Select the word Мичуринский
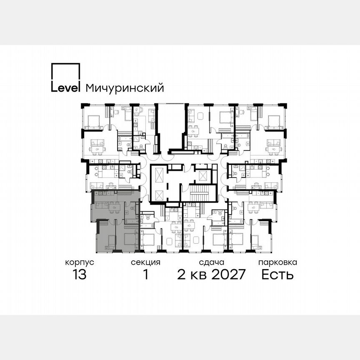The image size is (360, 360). [x=124, y=88]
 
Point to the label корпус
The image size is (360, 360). [x=79, y=262]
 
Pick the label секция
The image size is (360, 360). [x=145, y=262]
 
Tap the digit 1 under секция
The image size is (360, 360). [x=146, y=275]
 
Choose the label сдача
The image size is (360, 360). [x=212, y=262]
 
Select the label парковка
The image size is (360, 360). [x=277, y=262]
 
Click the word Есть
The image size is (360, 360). [x=277, y=275]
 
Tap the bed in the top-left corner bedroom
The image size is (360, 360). [x=92, y=121]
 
